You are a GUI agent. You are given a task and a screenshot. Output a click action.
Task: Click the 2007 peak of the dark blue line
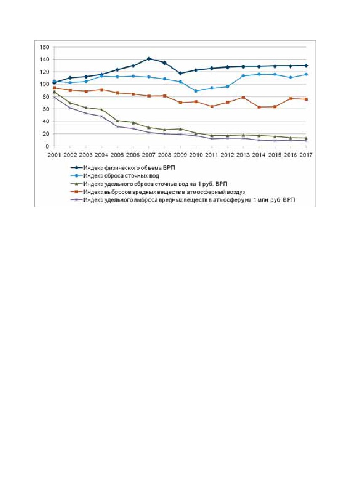pos(149,59)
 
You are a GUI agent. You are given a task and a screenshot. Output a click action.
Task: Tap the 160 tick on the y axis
pos(44,47)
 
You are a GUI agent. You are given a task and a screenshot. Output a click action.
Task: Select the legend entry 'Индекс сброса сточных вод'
pos(121,176)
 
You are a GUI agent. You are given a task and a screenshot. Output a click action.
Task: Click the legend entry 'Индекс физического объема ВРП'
pos(129,168)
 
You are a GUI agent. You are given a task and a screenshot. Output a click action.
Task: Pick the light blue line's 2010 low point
pos(196,91)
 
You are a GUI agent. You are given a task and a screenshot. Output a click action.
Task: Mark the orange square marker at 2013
pos(243,97)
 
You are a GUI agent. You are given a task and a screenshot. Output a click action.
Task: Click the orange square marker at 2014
pos(259,107)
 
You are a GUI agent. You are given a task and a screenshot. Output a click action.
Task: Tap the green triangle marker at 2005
pos(117,121)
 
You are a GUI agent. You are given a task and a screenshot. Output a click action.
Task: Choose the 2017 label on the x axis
pos(306,155)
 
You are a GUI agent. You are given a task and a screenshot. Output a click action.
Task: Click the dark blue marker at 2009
pos(180,73)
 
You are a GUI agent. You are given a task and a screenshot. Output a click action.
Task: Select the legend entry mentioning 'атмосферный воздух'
pos(164,192)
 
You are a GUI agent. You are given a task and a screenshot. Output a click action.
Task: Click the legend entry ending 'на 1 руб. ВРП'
pos(155,184)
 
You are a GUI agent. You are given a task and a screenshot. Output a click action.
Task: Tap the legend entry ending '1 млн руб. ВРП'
pos(189,200)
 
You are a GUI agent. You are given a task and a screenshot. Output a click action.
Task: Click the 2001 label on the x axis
pos(54,155)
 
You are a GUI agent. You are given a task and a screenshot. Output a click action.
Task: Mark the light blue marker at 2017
pos(306,74)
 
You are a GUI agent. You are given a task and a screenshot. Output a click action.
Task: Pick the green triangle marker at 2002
pos(70,103)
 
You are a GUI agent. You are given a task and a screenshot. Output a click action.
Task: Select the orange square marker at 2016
pos(290,98)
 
